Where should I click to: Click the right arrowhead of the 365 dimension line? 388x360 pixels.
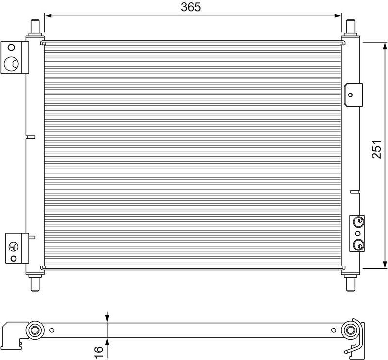point(339,16)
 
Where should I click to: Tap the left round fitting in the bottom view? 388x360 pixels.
point(35,331)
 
